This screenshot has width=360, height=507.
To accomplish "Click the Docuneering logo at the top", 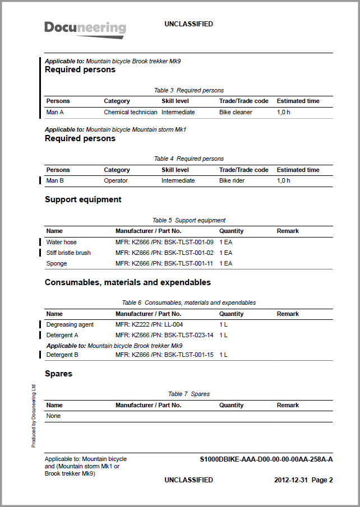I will point(85,29).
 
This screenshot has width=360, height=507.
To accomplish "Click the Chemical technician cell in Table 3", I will point(131,112).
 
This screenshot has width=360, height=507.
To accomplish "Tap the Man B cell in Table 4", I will point(55,180).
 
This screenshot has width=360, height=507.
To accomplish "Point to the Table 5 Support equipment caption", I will point(188,220).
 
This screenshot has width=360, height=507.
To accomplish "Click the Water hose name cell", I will point(62,242).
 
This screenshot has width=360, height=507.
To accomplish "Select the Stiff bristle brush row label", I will point(68,253).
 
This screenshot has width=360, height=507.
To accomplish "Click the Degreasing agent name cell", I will point(70,324).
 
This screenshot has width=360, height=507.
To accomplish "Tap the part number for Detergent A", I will point(164,335).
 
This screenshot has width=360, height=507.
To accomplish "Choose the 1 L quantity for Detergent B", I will point(223,355).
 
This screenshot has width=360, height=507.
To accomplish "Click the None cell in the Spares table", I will point(53,416).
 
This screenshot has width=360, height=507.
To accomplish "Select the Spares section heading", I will point(58,373).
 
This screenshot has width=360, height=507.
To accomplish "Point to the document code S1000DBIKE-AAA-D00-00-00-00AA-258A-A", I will point(266,459).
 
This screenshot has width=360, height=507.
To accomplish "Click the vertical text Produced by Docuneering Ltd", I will point(34,415).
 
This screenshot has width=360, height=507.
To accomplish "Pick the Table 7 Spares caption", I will point(188,394).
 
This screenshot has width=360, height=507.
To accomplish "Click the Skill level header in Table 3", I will point(175,101).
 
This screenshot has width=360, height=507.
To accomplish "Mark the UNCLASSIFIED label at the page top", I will point(188,24).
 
